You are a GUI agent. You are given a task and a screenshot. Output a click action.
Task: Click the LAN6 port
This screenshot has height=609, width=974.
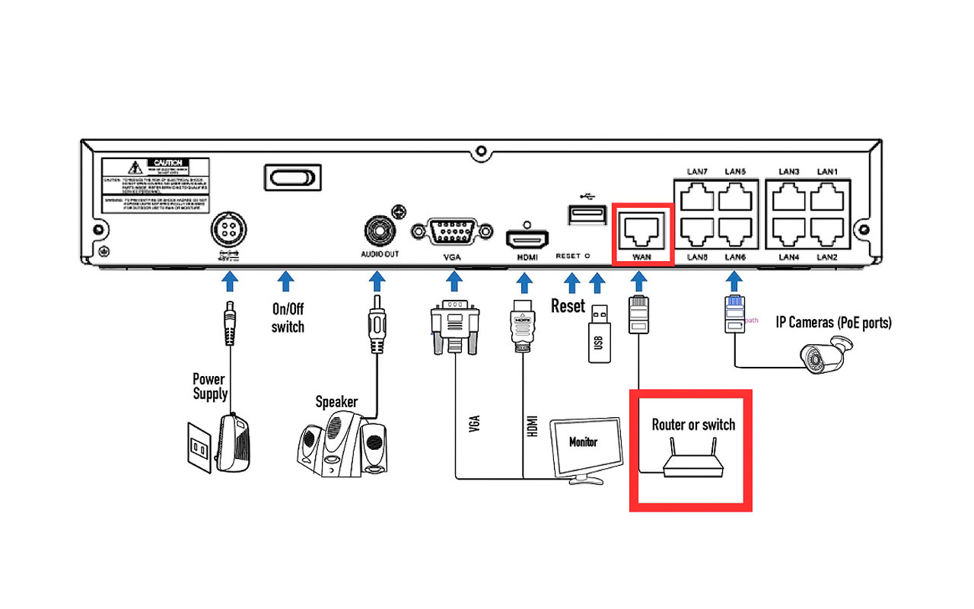coord(735,231)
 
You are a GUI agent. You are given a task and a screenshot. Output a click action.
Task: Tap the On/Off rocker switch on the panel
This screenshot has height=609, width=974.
coord(290,178)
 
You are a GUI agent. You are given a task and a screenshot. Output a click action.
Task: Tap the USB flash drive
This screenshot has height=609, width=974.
coord(599,334)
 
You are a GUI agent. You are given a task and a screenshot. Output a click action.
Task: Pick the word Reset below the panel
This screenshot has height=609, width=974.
coord(568,306)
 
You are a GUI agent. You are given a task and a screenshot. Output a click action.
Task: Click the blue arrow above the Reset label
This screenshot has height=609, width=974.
coord(571,283)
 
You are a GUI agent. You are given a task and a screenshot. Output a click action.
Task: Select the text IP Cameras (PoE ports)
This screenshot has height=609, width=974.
coord(833,322)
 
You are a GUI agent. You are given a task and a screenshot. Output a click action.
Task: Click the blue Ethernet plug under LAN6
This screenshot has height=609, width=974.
coord(734,314)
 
